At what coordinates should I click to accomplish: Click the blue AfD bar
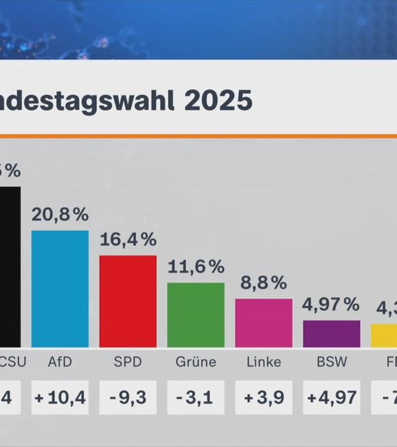(60, 289)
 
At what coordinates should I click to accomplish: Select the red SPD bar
(128, 301)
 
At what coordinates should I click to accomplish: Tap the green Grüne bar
(195, 315)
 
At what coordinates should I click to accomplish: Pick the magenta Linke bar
(264, 323)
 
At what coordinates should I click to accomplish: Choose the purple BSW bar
(331, 334)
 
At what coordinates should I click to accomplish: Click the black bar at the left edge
(10, 267)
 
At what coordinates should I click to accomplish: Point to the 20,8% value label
(60, 215)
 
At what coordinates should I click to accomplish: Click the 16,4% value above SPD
(128, 240)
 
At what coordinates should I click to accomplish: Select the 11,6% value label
(195, 267)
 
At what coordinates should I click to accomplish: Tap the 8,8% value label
(264, 283)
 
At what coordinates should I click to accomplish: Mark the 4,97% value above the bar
(331, 305)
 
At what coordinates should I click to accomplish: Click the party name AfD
(60, 362)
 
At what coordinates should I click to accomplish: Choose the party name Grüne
(195, 362)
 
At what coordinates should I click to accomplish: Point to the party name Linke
(264, 362)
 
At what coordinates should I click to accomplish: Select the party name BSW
(331, 362)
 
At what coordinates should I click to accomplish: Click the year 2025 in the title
(218, 101)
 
